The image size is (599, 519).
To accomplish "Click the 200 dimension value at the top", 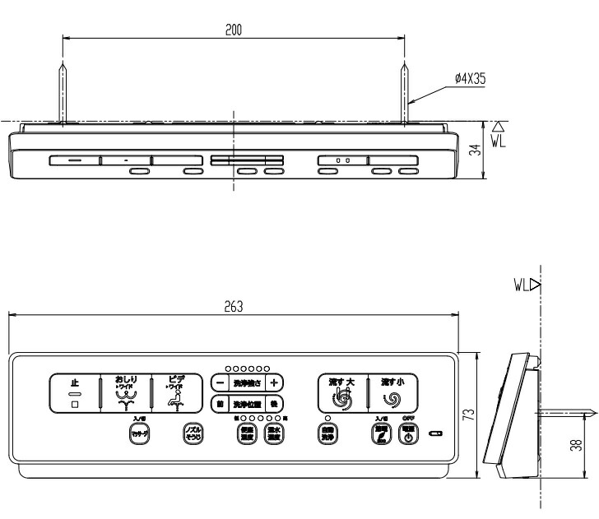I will click(x=234, y=30).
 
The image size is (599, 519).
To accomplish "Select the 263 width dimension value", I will click(x=234, y=306).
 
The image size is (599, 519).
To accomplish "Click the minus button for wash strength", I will click(x=220, y=382).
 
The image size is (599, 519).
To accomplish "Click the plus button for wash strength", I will click(x=275, y=382).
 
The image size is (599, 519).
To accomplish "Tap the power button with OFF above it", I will click(x=408, y=436).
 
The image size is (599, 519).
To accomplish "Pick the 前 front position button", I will click(x=220, y=403).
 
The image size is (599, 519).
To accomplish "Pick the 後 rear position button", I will click(x=275, y=403).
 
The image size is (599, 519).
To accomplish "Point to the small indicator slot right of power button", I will click(x=435, y=433).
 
